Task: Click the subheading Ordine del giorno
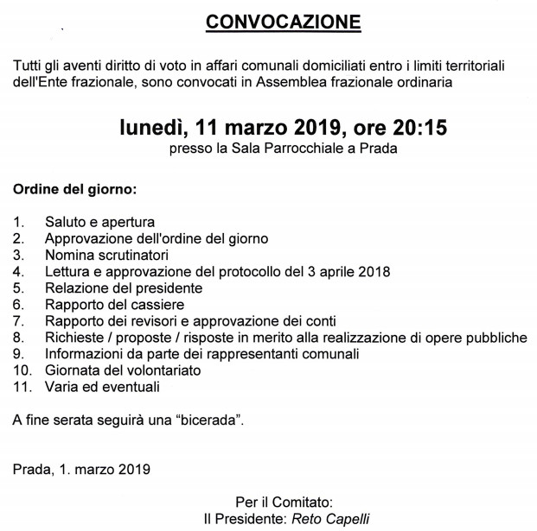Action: pos(75,188)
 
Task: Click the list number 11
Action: pos(22,386)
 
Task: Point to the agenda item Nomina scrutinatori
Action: pos(105,255)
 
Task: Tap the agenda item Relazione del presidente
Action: pos(124,288)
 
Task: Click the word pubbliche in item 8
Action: pos(496,337)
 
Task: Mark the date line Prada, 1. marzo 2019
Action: pos(81,470)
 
